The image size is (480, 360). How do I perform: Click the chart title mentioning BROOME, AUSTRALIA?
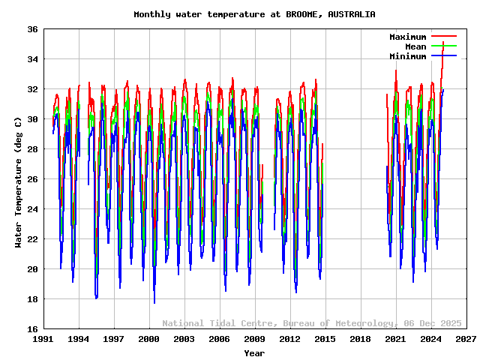[x=254, y=14]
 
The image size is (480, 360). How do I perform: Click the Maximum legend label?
[x=407, y=37]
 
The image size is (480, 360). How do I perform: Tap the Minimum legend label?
[x=407, y=56]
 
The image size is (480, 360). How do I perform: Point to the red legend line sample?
[x=443, y=37]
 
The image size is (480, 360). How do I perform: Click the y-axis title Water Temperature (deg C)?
[x=18, y=182]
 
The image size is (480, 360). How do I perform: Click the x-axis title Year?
[x=254, y=352]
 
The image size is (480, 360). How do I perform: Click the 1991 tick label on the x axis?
[x=43, y=340]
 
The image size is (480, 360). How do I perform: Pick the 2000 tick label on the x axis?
[x=149, y=340]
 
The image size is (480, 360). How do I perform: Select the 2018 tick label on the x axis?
[x=361, y=340]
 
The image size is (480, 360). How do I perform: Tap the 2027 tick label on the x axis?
[x=466, y=340]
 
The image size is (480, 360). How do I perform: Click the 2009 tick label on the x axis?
[x=255, y=340]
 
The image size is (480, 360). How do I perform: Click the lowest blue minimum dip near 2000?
[x=154, y=301]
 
